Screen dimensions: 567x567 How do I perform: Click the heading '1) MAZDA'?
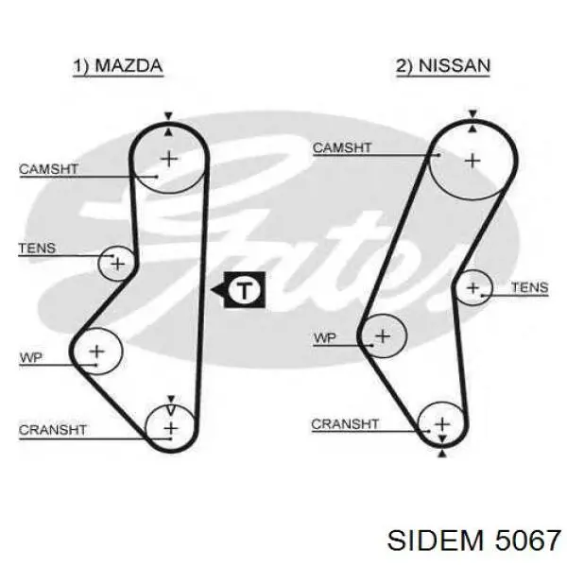click(x=118, y=66)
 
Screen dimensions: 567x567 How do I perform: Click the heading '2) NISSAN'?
click(x=443, y=66)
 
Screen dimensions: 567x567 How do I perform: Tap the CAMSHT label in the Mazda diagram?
click(x=48, y=169)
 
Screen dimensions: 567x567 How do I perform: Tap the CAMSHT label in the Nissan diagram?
click(x=342, y=147)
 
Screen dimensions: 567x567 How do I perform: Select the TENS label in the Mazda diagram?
click(x=37, y=248)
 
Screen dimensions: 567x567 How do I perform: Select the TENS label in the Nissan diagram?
click(x=530, y=287)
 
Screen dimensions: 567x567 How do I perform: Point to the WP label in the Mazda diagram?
click(x=31, y=357)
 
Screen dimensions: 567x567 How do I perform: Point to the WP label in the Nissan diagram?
click(x=325, y=338)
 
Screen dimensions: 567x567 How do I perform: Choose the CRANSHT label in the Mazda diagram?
click(x=53, y=430)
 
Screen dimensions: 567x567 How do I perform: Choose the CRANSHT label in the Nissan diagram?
click(x=345, y=423)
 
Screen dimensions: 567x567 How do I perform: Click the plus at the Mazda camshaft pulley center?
click(x=169, y=159)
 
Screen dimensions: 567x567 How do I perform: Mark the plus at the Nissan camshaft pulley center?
click(x=472, y=161)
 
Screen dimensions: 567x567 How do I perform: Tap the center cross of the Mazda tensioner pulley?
click(x=118, y=265)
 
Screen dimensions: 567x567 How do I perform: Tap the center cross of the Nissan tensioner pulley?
click(x=473, y=288)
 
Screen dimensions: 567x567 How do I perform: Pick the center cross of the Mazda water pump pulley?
click(x=97, y=352)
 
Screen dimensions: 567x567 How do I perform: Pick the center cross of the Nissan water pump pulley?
click(x=383, y=336)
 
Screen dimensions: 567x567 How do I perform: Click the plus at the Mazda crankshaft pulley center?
click(x=171, y=428)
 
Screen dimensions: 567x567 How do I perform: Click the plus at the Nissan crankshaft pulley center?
click(x=442, y=424)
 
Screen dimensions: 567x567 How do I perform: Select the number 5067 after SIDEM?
click(x=528, y=541)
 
